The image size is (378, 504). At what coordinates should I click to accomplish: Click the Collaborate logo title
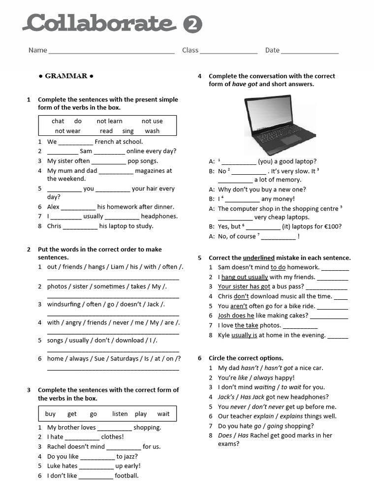click(x=100, y=24)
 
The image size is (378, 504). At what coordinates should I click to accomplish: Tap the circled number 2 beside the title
click(x=192, y=25)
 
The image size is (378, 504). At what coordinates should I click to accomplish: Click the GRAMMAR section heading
click(x=66, y=76)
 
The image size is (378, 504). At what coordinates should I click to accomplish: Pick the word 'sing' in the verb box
click(x=128, y=131)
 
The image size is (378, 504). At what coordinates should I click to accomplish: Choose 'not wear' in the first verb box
click(x=67, y=131)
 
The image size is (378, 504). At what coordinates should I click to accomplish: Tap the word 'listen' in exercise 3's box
click(x=120, y=414)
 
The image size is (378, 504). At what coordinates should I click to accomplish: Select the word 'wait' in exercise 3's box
click(x=163, y=414)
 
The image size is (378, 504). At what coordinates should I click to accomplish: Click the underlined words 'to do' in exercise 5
click(x=278, y=267)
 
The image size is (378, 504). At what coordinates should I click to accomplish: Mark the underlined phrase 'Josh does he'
click(x=236, y=315)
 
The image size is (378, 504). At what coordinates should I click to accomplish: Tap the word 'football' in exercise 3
click(x=126, y=475)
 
